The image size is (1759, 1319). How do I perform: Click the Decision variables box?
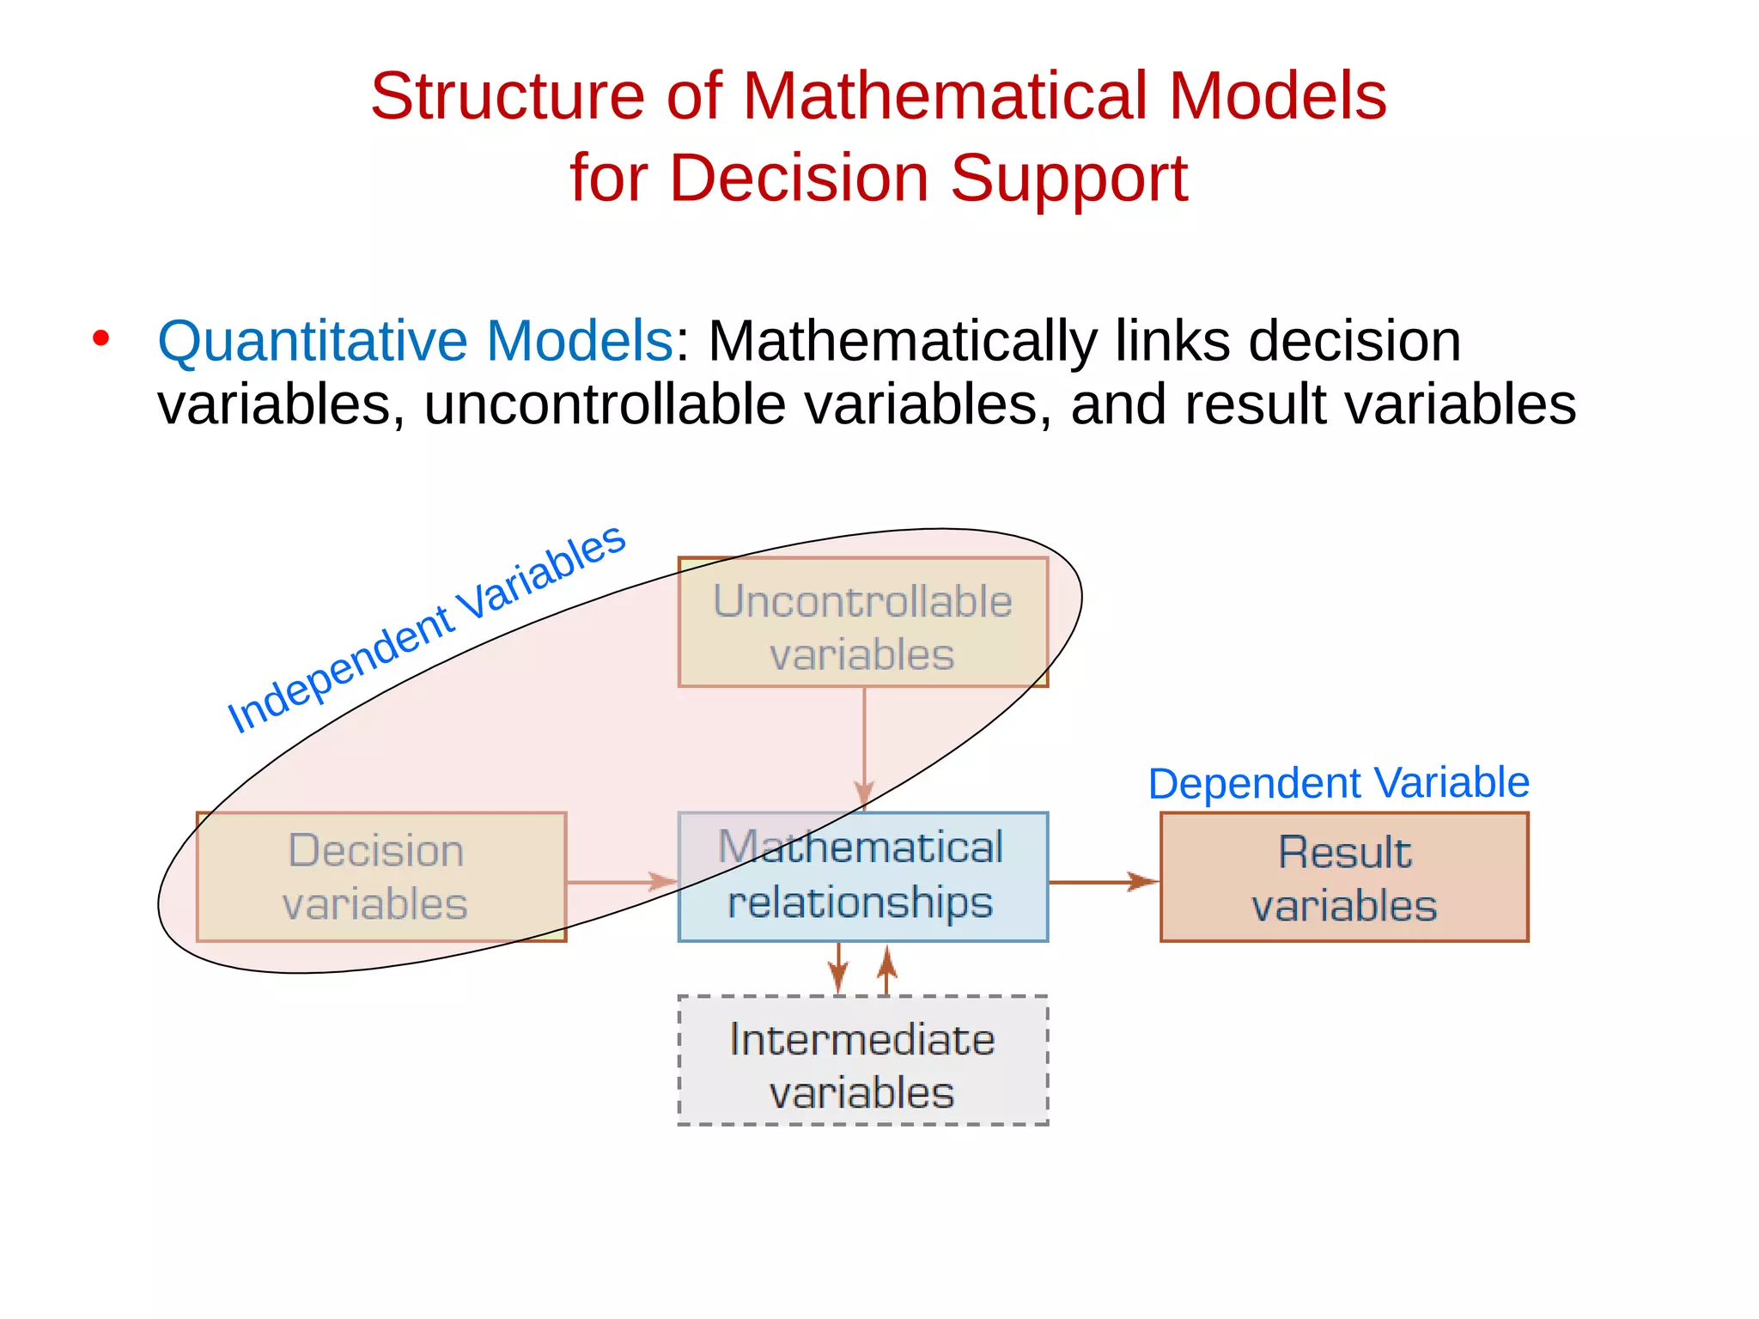(380, 877)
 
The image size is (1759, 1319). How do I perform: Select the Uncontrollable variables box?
(862, 622)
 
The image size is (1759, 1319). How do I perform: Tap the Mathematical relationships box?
(862, 877)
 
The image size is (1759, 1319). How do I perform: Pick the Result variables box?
(1344, 877)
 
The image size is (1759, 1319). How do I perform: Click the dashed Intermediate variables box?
(862, 1060)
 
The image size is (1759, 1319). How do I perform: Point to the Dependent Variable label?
(1338, 783)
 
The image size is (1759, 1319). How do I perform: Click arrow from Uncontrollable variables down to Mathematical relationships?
(864, 747)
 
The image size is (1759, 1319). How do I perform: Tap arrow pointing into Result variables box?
(1104, 882)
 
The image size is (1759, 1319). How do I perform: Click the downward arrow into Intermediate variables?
(838, 969)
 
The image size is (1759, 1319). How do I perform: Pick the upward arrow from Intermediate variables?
(887, 969)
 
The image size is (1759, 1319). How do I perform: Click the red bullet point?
(101, 338)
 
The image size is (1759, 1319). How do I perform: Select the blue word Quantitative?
(312, 342)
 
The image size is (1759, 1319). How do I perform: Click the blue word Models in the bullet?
(579, 342)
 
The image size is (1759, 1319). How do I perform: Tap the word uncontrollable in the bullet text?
(605, 404)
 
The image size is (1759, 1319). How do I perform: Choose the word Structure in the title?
(507, 95)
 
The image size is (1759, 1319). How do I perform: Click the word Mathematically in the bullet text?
(903, 342)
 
